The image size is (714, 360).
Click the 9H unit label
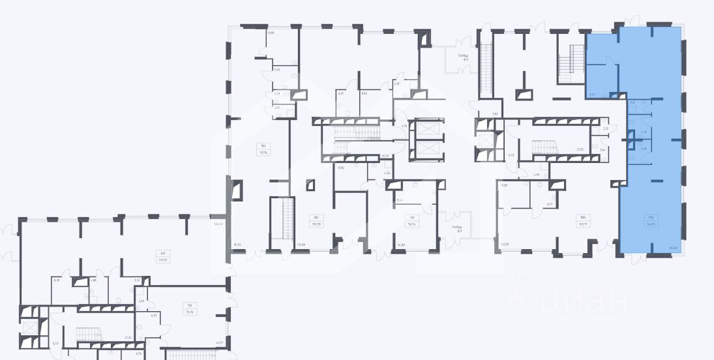264,145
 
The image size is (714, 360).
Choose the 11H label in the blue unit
651,218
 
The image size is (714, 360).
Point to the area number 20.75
385,156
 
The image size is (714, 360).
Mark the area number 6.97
549,204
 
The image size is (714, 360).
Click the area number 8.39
57,280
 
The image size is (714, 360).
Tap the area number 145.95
503,245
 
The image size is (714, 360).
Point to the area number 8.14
400,200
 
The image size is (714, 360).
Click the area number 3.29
504,186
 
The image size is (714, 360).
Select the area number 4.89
93,280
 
